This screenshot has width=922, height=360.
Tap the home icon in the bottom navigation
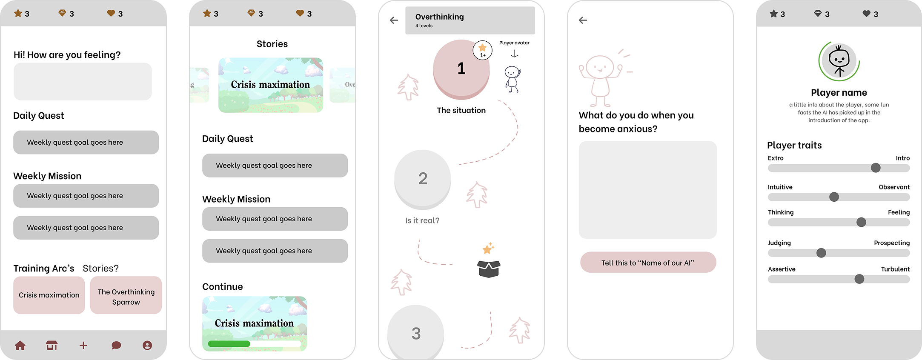pyautogui.click(x=20, y=345)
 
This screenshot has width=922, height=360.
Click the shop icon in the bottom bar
pyautogui.click(x=52, y=345)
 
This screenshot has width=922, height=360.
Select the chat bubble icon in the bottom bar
pyautogui.click(x=116, y=345)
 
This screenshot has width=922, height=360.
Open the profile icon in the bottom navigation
pyautogui.click(x=147, y=345)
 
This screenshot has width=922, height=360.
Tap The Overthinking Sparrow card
pyautogui.click(x=126, y=295)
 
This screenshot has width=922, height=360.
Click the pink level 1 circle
pyautogui.click(x=461, y=69)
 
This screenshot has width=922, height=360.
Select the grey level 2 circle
pyautogui.click(x=423, y=179)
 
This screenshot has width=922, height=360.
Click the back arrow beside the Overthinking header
pyautogui.click(x=394, y=20)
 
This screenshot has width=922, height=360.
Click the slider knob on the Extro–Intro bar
pyautogui.click(x=876, y=168)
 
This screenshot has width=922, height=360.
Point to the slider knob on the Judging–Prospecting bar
pyautogui.click(x=821, y=253)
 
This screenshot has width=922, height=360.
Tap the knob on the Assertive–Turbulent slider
pyautogui.click(x=859, y=279)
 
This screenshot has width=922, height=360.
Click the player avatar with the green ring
pyautogui.click(x=839, y=61)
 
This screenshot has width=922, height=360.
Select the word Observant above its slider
pyautogui.click(x=894, y=187)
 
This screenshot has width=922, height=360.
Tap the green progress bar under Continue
pyautogui.click(x=229, y=343)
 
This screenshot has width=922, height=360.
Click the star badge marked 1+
pyautogui.click(x=483, y=50)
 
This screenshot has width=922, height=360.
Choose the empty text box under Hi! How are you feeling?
pyautogui.click(x=83, y=82)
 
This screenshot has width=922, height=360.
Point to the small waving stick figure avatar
pyautogui.click(x=513, y=79)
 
